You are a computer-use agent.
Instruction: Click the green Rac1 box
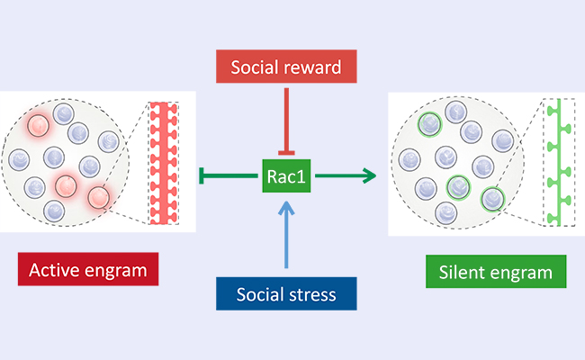tap(287, 175)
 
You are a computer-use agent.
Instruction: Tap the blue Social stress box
tap(287, 295)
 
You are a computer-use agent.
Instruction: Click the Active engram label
tap(88, 270)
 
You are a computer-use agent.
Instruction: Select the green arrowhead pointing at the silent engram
tap(368, 175)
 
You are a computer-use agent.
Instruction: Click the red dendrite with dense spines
tap(164, 162)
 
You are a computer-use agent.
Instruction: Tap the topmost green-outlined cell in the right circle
tap(432, 120)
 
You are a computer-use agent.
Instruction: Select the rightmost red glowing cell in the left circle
tap(98, 196)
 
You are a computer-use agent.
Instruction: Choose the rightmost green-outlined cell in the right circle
tap(491, 198)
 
